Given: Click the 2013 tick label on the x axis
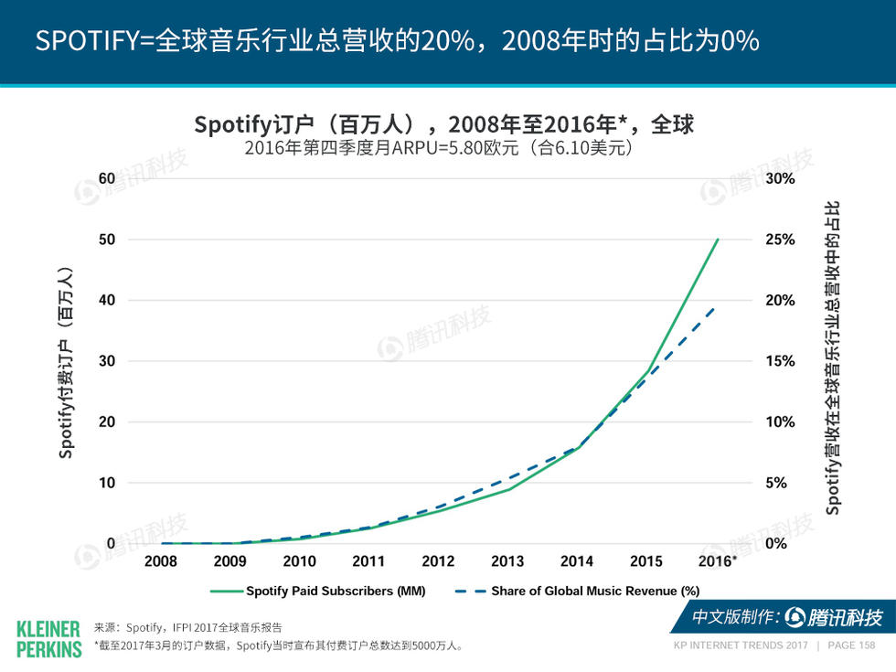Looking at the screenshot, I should click(x=507, y=561).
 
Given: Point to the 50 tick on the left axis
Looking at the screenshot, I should click(x=108, y=240).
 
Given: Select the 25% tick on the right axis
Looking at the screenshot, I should click(x=779, y=240).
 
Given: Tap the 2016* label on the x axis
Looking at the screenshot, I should click(x=716, y=561).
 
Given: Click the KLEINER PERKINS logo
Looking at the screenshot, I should click(x=48, y=638).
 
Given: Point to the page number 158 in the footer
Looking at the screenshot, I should click(x=864, y=645).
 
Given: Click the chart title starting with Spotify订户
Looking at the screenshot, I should click(x=444, y=124).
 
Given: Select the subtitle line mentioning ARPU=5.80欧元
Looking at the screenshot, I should click(x=439, y=147).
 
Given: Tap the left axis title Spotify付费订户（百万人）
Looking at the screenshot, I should click(x=66, y=362).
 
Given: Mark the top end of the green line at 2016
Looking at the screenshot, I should click(x=718, y=240).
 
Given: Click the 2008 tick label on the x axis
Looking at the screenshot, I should click(x=161, y=561).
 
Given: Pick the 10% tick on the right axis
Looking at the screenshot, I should click(x=779, y=422).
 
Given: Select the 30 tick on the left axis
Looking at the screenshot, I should click(x=108, y=361).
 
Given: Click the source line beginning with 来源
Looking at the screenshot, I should click(x=188, y=627).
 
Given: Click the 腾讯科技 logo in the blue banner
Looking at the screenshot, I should click(x=832, y=618).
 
